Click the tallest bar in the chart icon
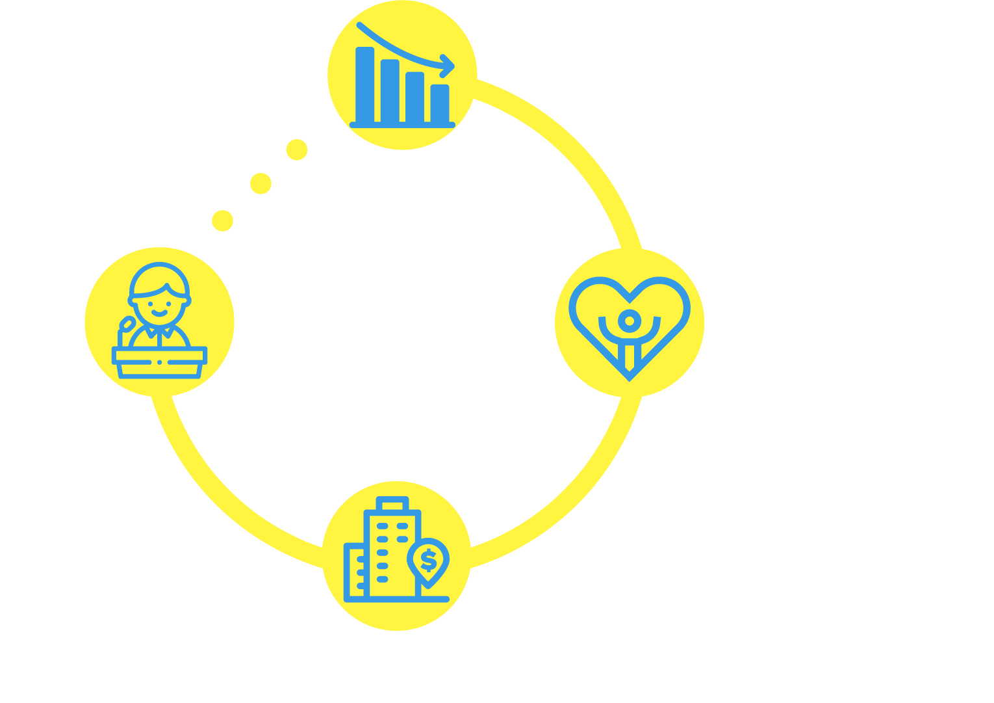point(365,85)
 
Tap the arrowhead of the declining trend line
point(448,64)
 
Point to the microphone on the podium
point(127,325)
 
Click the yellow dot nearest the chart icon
point(297,150)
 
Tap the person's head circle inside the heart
point(628,320)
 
